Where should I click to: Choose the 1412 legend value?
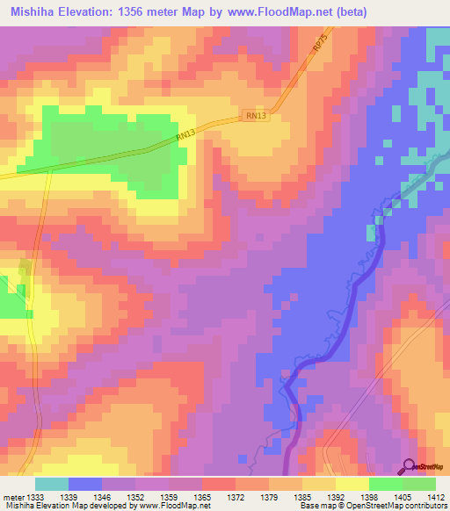pyautogui.click(x=435, y=497)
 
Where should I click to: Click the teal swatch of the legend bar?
pyautogui.click(x=52, y=484)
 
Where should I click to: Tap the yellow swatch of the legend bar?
pyautogui.click(x=352, y=484)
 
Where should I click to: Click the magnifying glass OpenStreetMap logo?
pyautogui.click(x=408, y=466)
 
